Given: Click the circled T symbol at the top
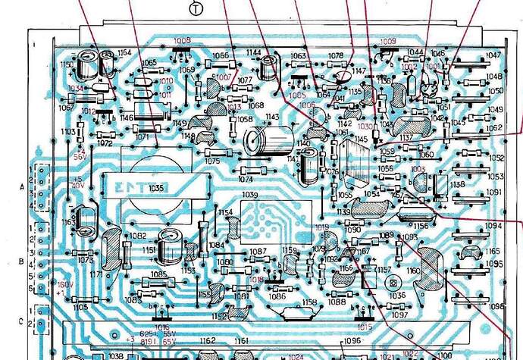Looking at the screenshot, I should click(196, 8).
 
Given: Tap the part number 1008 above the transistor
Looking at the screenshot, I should click(182, 40).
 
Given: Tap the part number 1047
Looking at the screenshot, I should click(494, 55).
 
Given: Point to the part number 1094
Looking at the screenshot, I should click(494, 226).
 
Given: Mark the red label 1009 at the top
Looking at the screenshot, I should click(387, 41).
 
